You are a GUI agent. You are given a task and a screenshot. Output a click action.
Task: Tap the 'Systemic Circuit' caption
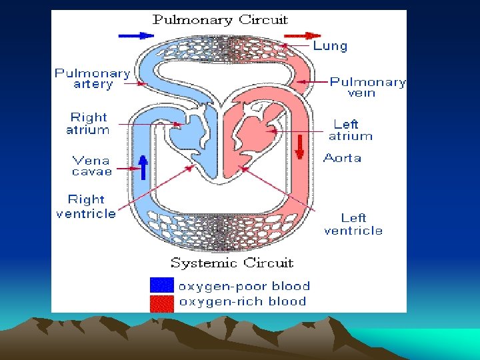232,263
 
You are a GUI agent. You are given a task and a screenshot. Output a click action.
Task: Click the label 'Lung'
330,46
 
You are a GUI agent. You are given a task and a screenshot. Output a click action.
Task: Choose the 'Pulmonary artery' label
93,79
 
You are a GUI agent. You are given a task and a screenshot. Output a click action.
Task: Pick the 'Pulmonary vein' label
367,87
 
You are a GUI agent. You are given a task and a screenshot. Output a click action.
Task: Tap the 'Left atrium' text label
350,130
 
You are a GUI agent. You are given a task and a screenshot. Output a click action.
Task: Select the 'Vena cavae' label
92,165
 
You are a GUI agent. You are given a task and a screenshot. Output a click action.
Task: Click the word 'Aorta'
342,158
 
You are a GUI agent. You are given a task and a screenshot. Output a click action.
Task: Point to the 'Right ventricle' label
86,206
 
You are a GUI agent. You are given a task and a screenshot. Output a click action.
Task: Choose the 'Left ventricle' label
353,224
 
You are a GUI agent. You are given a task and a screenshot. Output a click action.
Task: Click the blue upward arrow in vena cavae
143,167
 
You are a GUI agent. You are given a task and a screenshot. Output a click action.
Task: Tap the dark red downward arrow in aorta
299,146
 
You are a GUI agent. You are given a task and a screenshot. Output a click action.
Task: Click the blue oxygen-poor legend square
162,286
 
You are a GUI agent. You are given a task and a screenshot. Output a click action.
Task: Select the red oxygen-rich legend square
162,303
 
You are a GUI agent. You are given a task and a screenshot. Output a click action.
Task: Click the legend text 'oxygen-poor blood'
244,286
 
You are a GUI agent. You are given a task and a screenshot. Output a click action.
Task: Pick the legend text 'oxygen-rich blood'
243,301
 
